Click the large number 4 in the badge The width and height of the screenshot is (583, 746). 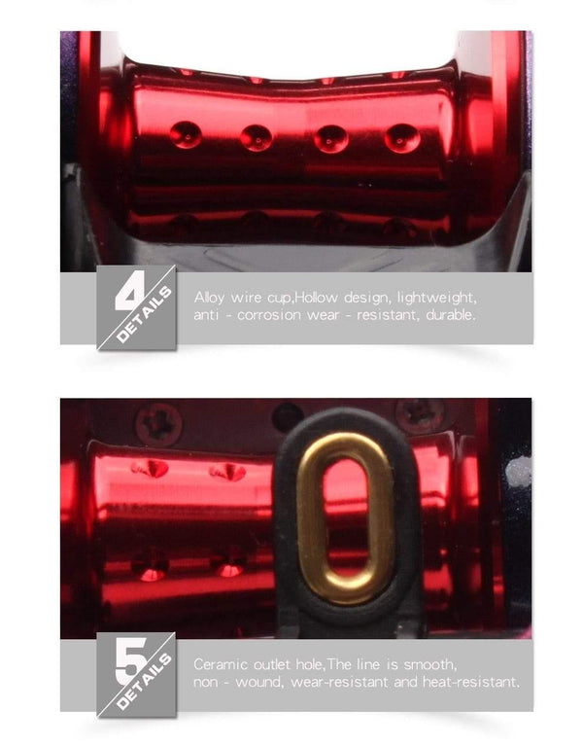[130, 290]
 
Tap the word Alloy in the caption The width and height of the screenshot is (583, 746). [209, 299]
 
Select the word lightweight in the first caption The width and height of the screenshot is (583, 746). [436, 298]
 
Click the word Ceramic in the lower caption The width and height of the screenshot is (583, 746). [221, 664]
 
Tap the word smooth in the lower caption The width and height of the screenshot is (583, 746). [430, 664]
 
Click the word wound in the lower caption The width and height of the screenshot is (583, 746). [259, 683]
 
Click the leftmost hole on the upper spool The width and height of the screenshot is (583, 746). [186, 134]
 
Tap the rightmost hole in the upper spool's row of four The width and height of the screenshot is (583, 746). [402, 138]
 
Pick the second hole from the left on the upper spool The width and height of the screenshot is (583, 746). [257, 137]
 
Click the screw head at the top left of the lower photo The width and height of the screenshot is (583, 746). [157, 422]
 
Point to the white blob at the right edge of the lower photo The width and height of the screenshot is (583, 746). [518, 472]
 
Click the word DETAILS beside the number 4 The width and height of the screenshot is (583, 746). [144, 314]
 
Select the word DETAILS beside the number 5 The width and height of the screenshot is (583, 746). [144, 681]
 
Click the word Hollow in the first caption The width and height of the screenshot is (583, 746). [317, 298]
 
